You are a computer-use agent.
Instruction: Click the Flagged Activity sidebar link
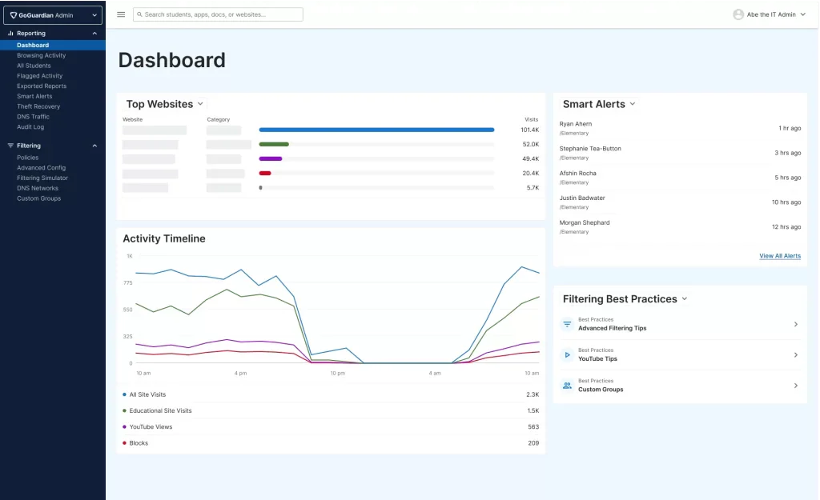click(39, 76)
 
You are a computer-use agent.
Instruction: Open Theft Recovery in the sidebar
click(38, 106)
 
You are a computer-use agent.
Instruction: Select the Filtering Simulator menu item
click(42, 178)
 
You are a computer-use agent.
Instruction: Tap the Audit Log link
click(30, 127)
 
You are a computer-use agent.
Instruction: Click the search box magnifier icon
click(139, 14)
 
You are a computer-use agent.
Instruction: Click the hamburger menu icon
click(121, 14)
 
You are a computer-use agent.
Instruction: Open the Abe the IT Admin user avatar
click(738, 14)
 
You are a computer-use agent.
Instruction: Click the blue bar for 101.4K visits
click(376, 130)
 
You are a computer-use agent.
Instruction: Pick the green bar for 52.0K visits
click(274, 144)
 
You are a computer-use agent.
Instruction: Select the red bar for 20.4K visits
click(265, 173)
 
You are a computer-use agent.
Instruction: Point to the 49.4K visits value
click(530, 159)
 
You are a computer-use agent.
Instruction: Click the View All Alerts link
click(780, 256)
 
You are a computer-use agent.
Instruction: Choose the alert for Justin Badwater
click(582, 198)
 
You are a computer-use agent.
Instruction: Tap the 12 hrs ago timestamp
click(786, 226)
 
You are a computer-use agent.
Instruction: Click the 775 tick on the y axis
click(128, 282)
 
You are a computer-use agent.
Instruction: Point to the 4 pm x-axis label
click(240, 373)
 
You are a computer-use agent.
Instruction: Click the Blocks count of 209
click(533, 443)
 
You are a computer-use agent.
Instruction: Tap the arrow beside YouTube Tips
click(795, 354)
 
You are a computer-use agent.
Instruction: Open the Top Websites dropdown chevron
click(200, 104)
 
